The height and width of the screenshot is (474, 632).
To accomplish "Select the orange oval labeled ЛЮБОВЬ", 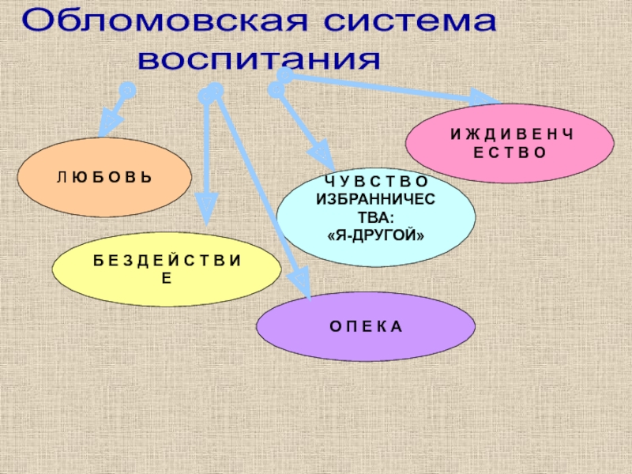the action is (x=104, y=178).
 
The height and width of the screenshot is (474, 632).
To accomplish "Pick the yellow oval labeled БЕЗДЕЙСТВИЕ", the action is (x=167, y=269).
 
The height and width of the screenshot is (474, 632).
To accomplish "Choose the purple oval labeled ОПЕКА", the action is (x=366, y=325).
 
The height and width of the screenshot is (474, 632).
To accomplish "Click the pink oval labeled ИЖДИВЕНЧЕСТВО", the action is (x=510, y=142).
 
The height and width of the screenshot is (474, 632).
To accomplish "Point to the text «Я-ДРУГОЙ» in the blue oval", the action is (x=376, y=235).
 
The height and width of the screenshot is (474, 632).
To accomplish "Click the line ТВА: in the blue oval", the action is (x=376, y=218).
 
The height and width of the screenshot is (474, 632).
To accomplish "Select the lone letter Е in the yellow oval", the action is (x=167, y=278).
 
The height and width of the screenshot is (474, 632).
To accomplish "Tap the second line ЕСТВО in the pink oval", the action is (x=510, y=152).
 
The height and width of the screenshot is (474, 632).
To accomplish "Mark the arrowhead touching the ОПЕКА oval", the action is (x=301, y=284).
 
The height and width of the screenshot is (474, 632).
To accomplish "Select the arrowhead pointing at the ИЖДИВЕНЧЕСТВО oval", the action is (x=482, y=99).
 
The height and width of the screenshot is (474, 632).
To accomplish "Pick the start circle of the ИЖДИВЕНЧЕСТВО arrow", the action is (x=284, y=75).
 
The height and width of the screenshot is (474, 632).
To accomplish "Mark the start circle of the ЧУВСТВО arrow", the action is (x=276, y=90).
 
